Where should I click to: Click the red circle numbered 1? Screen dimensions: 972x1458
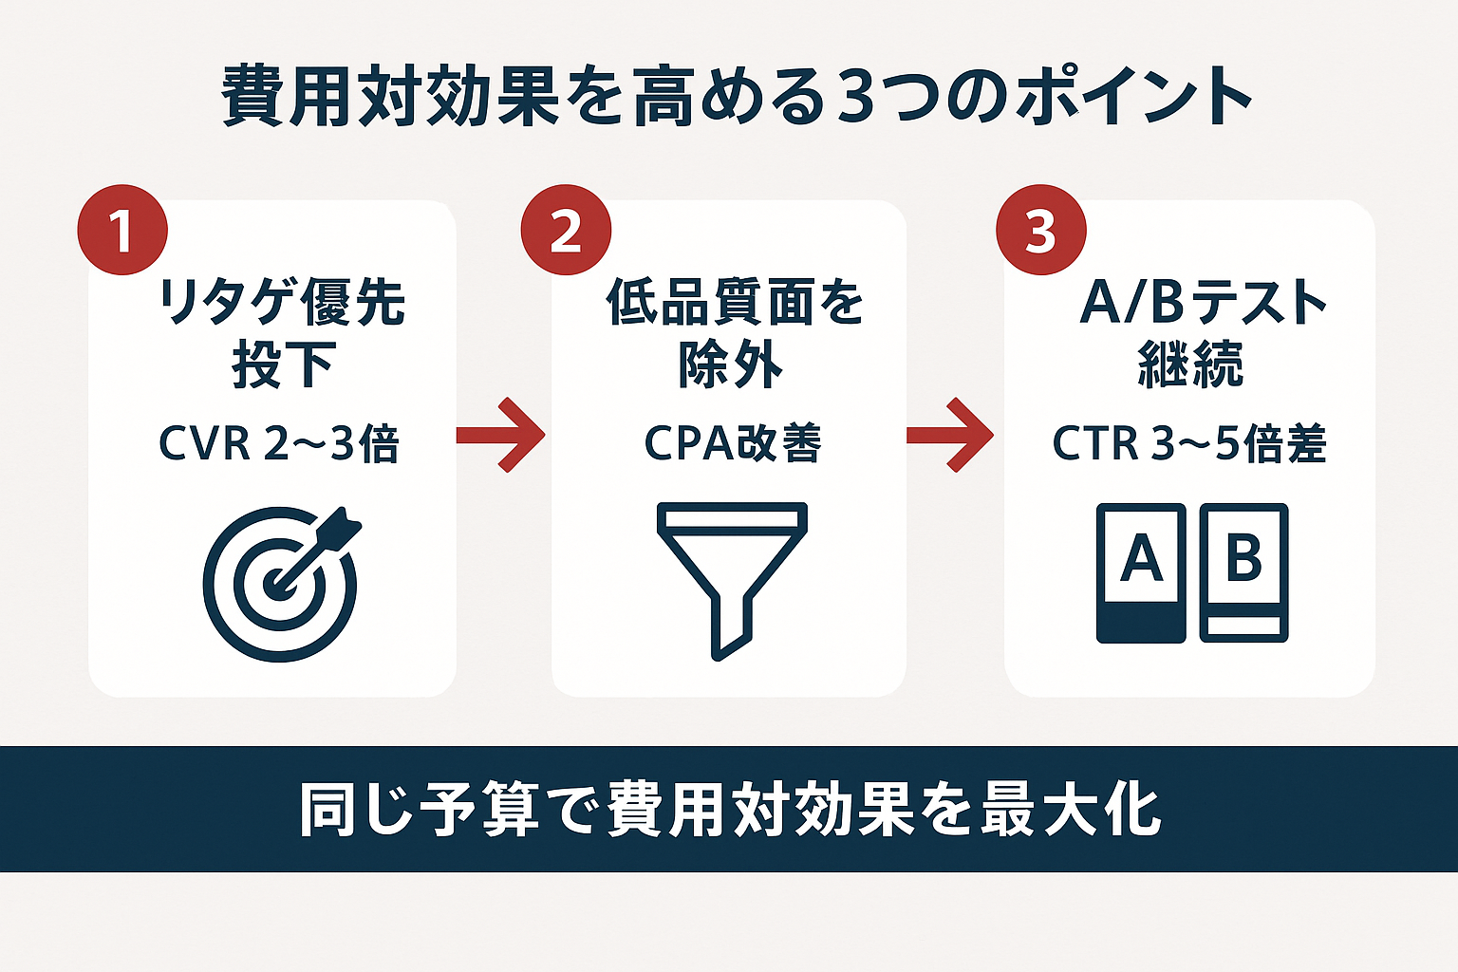(x=122, y=231)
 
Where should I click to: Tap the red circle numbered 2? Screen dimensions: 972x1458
(x=566, y=231)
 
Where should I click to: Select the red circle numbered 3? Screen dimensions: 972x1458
(x=1040, y=231)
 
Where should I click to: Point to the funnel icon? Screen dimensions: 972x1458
(x=732, y=579)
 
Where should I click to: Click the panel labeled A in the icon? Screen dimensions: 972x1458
(x=1141, y=572)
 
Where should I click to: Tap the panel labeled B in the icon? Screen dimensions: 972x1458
(x=1243, y=572)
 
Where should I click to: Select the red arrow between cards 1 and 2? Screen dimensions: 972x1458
(x=501, y=436)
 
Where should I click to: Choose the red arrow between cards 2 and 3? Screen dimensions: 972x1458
(x=950, y=436)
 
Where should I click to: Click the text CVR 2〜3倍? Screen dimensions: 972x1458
(x=279, y=444)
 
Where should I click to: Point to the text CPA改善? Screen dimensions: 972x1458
(x=732, y=444)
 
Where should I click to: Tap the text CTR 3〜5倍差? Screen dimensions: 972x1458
(x=1188, y=444)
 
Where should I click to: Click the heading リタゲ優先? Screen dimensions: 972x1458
(x=281, y=303)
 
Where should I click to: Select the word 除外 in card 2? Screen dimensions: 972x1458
(x=730, y=364)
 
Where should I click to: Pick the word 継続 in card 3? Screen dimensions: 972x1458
(x=1190, y=364)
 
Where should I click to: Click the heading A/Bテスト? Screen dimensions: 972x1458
(x=1204, y=303)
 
